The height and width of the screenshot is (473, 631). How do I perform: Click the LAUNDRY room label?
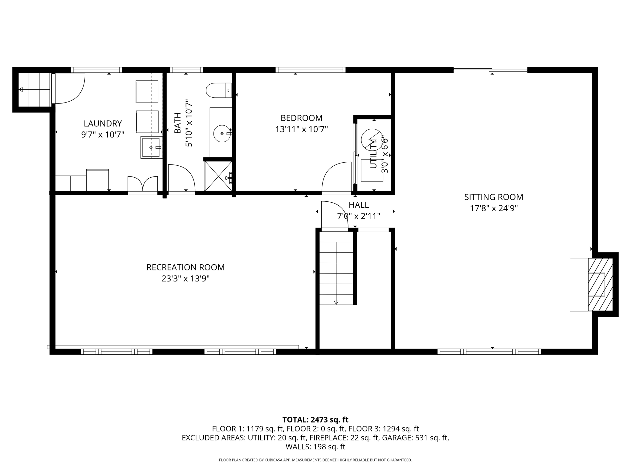[103, 123]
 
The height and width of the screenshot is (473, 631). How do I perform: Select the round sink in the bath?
[222, 133]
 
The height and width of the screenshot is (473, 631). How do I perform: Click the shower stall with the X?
[218, 176]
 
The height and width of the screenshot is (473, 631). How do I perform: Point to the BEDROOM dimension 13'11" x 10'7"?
[301, 129]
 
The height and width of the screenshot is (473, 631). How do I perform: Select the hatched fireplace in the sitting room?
[600, 285]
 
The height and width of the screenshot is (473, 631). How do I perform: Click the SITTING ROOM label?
[494, 197]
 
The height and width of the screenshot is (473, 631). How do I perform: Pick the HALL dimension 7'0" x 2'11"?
[359, 216]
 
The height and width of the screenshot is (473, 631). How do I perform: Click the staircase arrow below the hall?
[336, 302]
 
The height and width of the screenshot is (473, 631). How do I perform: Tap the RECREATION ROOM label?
[185, 267]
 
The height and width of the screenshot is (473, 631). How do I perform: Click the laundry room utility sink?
[151, 147]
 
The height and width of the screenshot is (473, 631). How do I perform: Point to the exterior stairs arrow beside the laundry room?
[21, 90]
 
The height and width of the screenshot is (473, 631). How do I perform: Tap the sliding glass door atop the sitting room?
[490, 70]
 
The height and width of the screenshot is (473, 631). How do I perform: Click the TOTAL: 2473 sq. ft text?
[315, 420]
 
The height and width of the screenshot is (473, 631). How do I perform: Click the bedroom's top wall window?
[310, 70]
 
